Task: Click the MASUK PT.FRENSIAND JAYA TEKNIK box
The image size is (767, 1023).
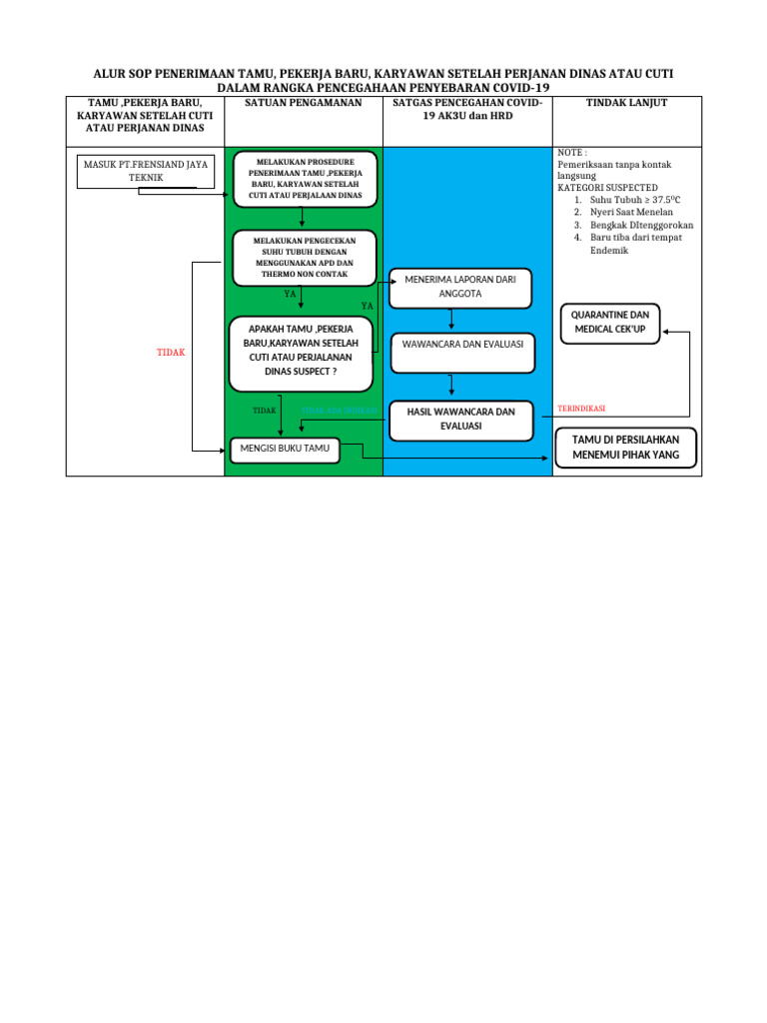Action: pos(145,171)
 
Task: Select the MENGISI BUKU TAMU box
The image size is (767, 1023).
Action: pos(285,450)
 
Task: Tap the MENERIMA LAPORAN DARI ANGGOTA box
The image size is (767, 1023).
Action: pos(460,288)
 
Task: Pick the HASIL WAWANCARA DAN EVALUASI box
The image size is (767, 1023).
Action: pos(460,419)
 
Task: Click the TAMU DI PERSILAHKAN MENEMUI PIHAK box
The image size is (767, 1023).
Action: pos(624,448)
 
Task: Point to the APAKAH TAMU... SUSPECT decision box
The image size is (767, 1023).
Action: pos(301,354)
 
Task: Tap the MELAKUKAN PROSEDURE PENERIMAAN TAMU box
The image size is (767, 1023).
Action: pos(306,178)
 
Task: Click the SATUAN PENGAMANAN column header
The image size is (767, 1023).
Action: pos(303,103)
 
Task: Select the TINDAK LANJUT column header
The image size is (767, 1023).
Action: pos(626,103)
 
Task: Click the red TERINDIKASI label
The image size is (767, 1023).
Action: pos(581,409)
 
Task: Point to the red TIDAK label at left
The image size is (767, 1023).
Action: pos(172,353)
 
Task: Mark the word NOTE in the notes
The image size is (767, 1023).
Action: pos(570,153)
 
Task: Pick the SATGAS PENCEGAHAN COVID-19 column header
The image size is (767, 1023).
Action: pos(467,109)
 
